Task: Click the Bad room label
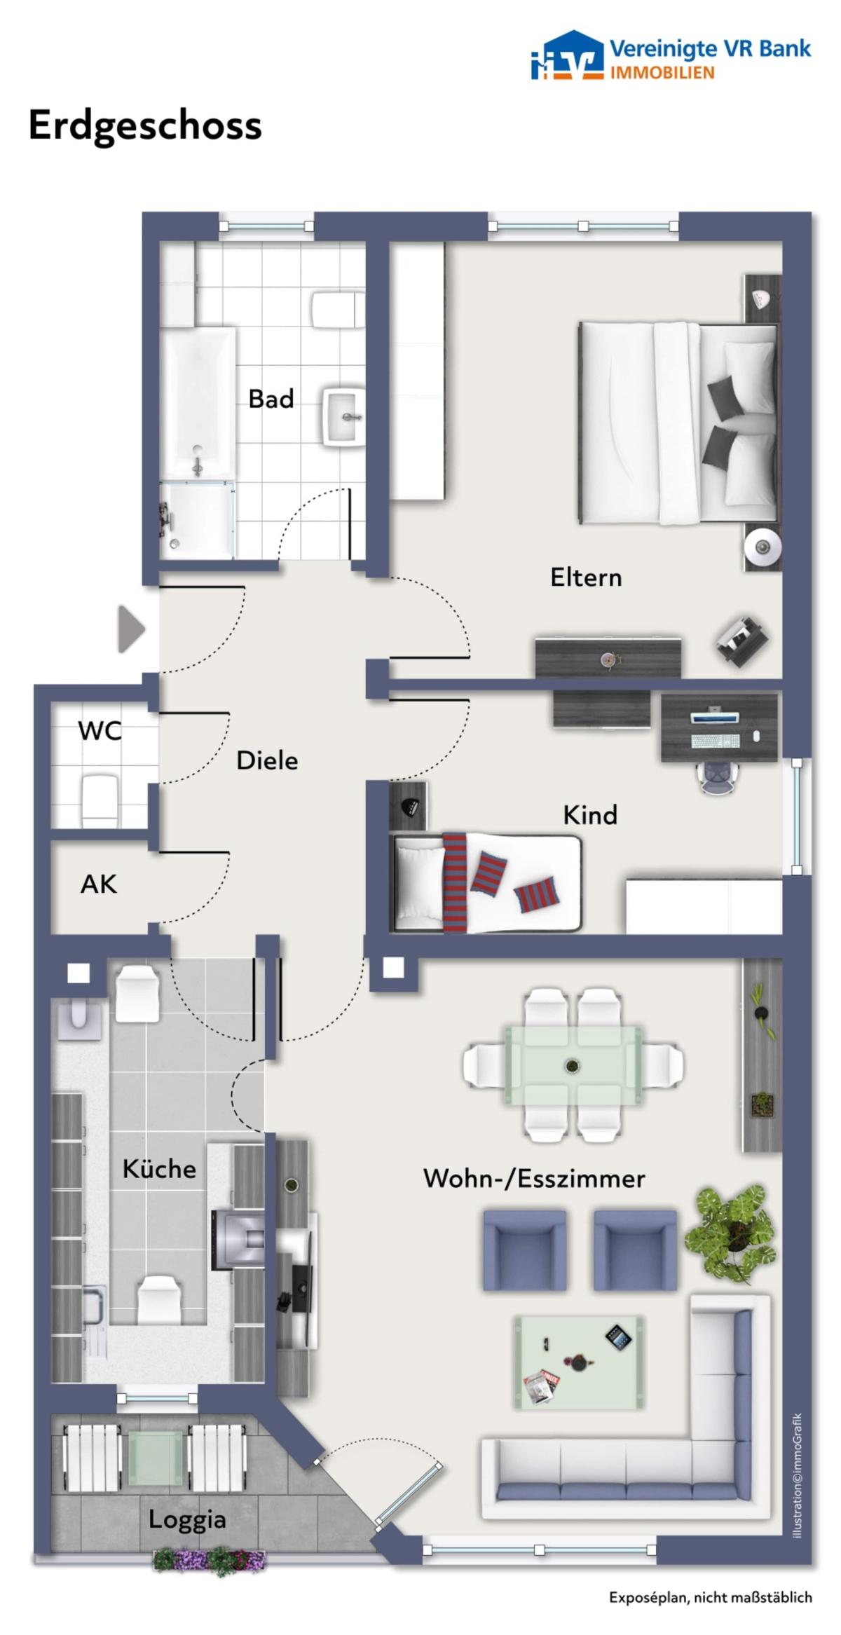point(271,399)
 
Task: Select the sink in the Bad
point(343,418)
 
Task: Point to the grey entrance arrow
point(131,629)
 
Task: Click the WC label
point(100,731)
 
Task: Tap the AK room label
point(98,884)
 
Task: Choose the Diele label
point(267,760)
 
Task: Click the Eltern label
point(586,577)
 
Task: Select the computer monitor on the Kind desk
point(714,718)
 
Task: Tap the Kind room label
point(590,815)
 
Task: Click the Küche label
point(159,1169)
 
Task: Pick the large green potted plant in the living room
point(731,1231)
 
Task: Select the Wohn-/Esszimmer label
point(534,1179)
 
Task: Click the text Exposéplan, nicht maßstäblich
point(711,1598)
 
